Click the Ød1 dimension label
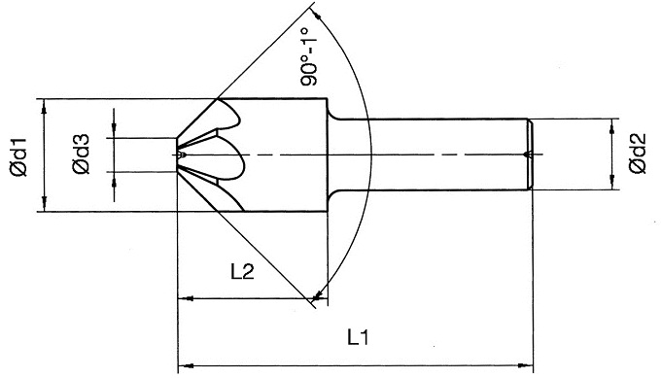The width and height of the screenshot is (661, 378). click(x=19, y=157)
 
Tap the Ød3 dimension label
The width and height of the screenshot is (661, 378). click(x=81, y=155)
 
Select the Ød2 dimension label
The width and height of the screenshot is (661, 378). click(x=638, y=154)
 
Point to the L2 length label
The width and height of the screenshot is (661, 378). click(x=242, y=273)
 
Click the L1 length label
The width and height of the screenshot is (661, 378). click(x=358, y=337)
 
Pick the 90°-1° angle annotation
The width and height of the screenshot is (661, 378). click(x=309, y=57)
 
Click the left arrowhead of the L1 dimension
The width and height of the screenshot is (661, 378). click(x=186, y=365)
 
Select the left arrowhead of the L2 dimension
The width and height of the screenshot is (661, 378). click(x=186, y=298)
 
